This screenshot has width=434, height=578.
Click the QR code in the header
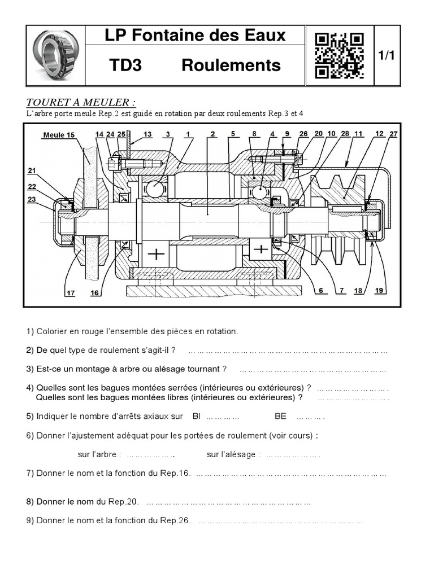pyautogui.click(x=339, y=55)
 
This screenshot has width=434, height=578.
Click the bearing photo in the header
pyautogui.click(x=55, y=54)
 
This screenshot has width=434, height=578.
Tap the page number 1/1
pyautogui.click(x=386, y=55)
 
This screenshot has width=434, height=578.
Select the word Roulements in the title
pyautogui.click(x=231, y=65)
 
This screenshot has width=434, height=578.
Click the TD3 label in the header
pyautogui.click(x=125, y=65)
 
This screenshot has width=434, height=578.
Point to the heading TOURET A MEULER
pyautogui.click(x=81, y=102)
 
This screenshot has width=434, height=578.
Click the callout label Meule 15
pyautogui.click(x=58, y=135)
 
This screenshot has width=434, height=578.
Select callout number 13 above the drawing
pyautogui.click(x=147, y=134)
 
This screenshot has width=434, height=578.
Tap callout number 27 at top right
pyautogui.click(x=393, y=134)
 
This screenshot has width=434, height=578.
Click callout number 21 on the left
pyautogui.click(x=32, y=170)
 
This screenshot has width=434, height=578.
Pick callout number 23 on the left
pyautogui.click(x=32, y=199)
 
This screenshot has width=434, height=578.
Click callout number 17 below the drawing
pyautogui.click(x=70, y=292)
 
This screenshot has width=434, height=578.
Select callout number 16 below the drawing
pyautogui.click(x=94, y=292)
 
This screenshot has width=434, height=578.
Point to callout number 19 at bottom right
pyautogui.click(x=379, y=291)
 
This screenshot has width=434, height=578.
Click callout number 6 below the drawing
pyautogui.click(x=320, y=291)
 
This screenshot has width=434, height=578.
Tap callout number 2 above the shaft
pyautogui.click(x=212, y=134)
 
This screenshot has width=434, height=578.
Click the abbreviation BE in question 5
pyautogui.click(x=280, y=417)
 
